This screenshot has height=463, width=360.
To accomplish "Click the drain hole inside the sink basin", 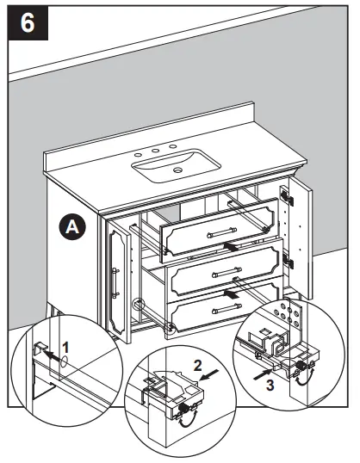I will coord(177,172).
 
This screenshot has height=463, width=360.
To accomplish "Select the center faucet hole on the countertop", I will coord(160,151).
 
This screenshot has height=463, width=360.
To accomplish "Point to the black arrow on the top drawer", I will coord(230,245).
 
